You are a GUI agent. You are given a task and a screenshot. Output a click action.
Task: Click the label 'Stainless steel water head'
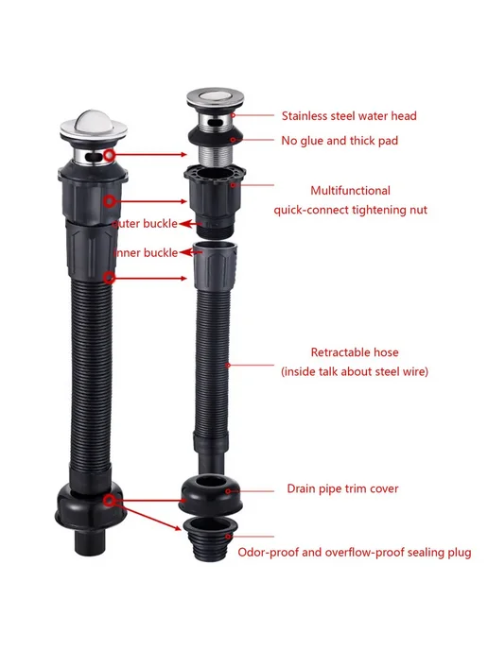[x=349, y=115]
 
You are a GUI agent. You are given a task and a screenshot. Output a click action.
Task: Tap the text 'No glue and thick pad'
[x=340, y=141]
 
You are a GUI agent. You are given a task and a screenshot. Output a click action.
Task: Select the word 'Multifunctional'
[x=350, y=191]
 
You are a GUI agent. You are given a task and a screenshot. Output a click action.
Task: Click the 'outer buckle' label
[x=145, y=224]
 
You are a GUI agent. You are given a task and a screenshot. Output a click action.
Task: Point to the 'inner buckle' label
[x=146, y=253]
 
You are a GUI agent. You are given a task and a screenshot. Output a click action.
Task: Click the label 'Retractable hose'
[x=355, y=352]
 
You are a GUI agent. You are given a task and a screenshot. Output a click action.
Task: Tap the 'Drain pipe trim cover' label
[x=342, y=488]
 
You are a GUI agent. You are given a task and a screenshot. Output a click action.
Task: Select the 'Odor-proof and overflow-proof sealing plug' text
[x=355, y=553]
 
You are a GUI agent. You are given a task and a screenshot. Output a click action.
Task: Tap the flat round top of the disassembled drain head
[x=215, y=98]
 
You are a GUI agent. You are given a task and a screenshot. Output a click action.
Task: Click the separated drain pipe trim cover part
[x=211, y=493]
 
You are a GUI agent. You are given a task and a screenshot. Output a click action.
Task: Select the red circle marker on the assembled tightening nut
[x=110, y=201]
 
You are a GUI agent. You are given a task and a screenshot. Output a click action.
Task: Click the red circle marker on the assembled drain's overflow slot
[x=110, y=155]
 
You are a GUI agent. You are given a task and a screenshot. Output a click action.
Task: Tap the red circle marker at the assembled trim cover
[x=109, y=501]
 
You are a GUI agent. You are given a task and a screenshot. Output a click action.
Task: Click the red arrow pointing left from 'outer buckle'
[x=190, y=224]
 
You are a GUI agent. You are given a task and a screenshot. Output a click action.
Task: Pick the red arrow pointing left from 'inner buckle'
[x=191, y=251]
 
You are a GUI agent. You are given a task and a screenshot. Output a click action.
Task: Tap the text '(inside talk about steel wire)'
[x=355, y=371]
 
